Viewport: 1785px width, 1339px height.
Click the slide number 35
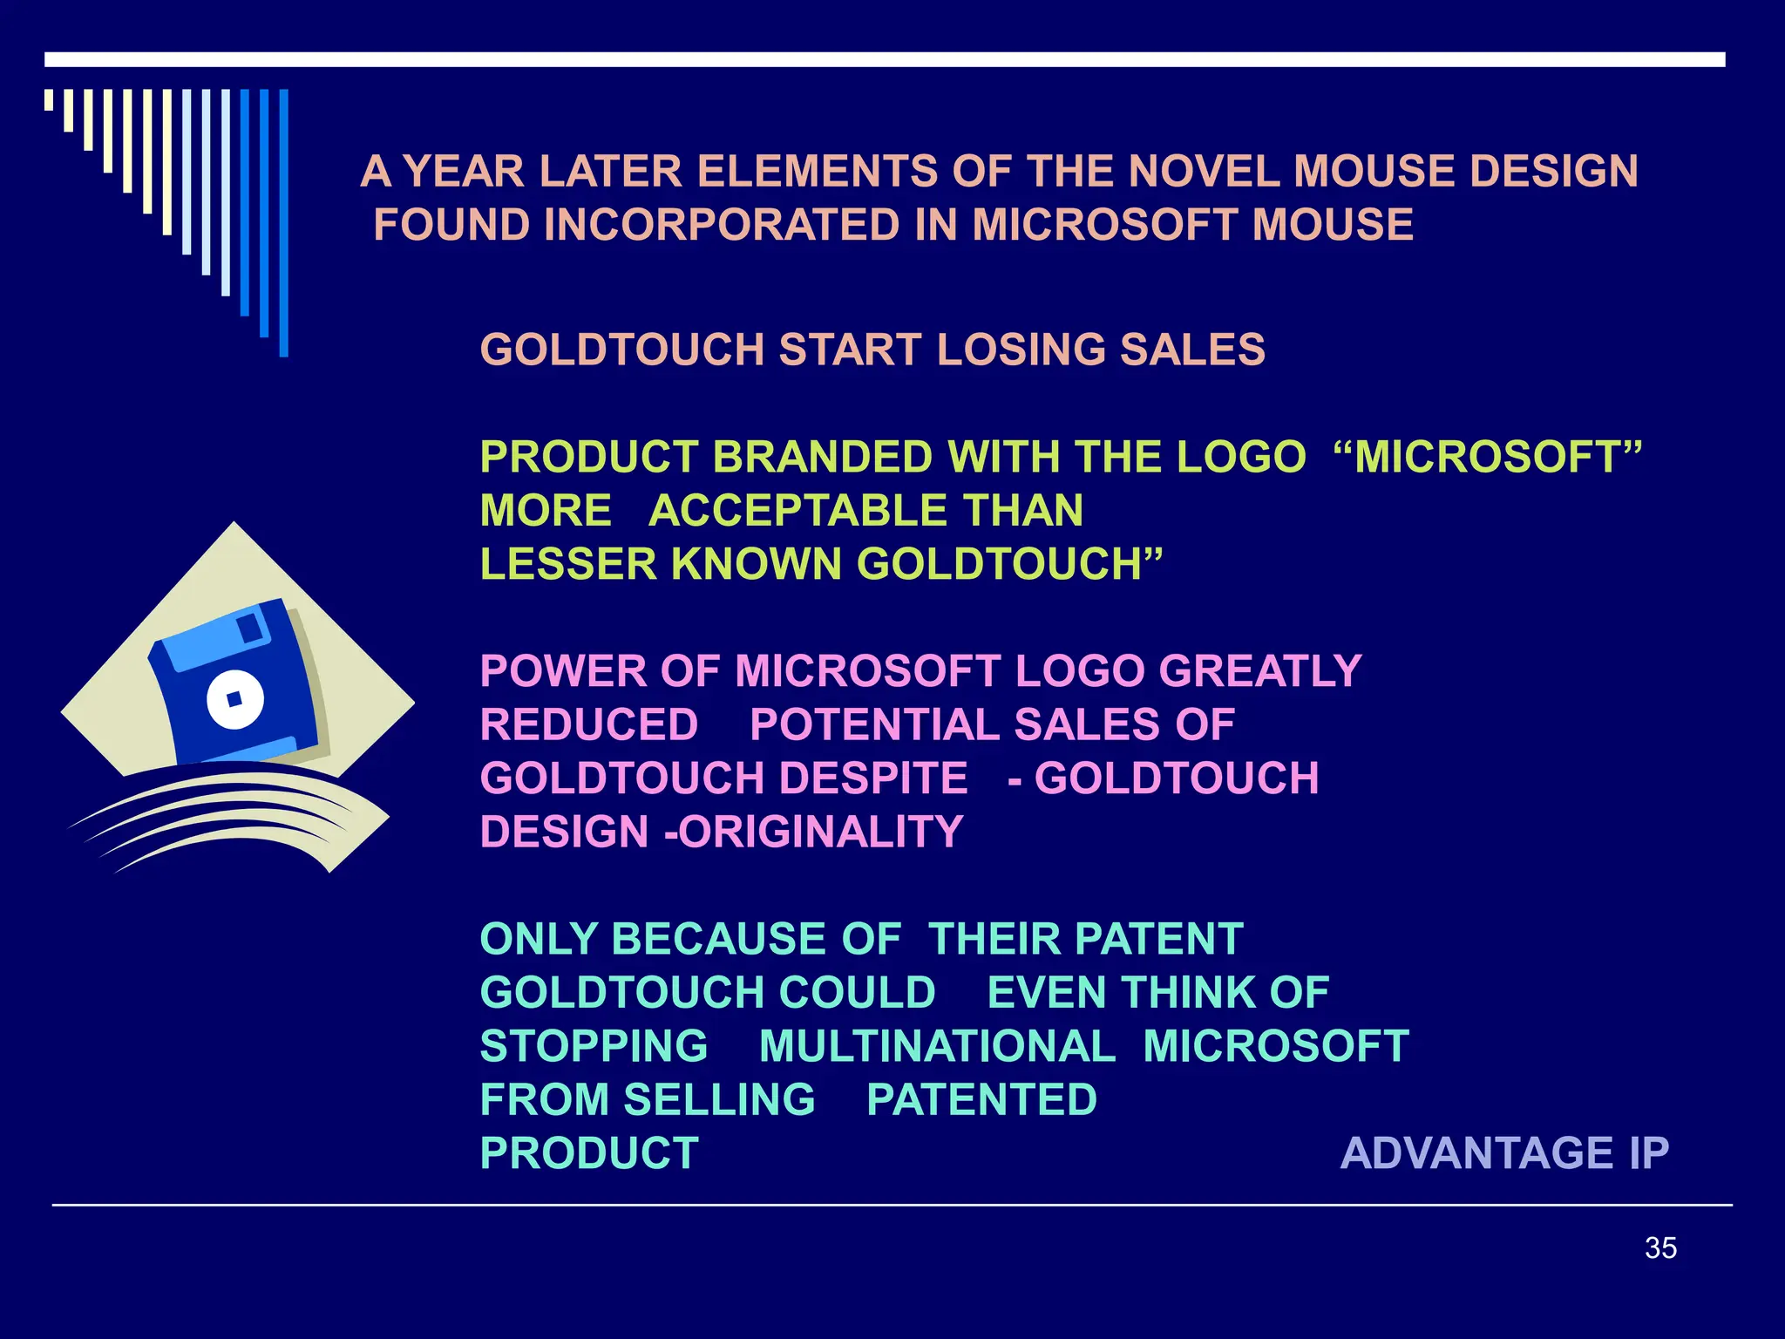1660,1247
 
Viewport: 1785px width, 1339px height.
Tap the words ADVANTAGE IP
1504,1153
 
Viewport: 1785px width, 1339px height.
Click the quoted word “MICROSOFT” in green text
1488,457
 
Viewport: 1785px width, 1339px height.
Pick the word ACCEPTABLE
797,511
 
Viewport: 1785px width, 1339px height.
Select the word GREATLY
1259,671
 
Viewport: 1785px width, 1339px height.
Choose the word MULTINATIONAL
937,1046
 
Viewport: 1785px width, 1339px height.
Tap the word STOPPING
594,1046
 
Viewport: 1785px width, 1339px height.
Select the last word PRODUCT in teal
590,1153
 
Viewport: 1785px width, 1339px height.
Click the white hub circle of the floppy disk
234,699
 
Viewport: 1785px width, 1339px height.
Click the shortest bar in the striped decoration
49,99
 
